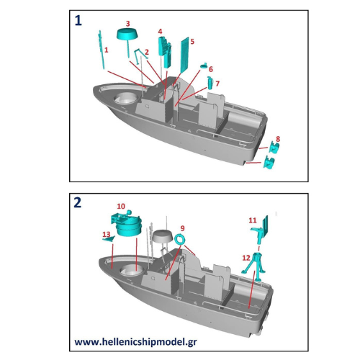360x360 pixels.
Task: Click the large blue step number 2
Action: (78, 202)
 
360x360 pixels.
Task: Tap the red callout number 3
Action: (128, 24)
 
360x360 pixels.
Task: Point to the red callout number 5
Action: (192, 42)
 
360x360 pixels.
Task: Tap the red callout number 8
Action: (278, 138)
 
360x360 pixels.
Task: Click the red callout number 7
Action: (217, 84)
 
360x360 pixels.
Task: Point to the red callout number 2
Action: (146, 52)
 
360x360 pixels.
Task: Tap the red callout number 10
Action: (122, 206)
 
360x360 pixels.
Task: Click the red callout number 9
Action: (183, 228)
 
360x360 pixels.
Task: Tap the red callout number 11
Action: (252, 220)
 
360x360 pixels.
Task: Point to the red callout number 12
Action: (246, 256)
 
